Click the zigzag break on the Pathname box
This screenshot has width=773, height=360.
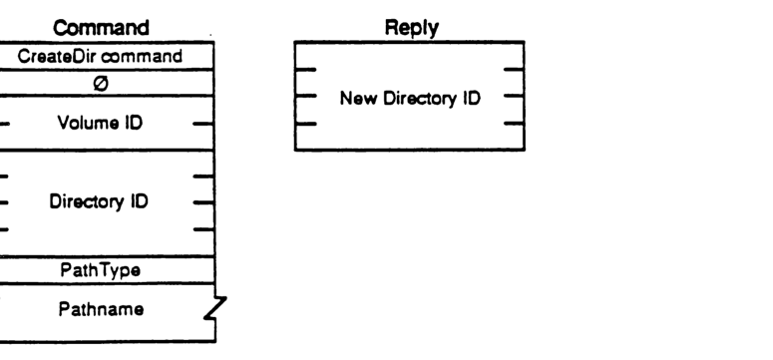click(x=209, y=311)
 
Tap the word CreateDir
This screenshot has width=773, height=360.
click(x=66, y=57)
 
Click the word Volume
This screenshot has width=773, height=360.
click(x=87, y=126)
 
